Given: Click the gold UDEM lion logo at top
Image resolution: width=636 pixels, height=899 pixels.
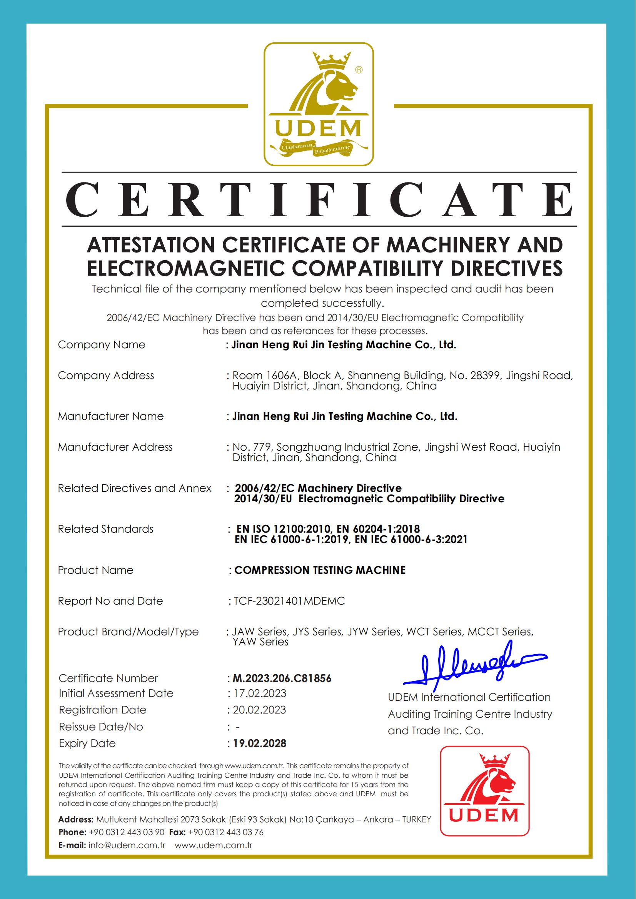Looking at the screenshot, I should coord(319,104).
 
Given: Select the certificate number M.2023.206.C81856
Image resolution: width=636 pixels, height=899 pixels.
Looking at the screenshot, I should coord(282,678).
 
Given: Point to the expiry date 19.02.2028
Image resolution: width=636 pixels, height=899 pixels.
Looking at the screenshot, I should coord(260,744).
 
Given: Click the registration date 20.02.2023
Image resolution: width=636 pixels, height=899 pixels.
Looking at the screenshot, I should coord(260,710).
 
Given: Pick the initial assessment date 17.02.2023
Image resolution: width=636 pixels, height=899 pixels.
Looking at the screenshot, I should coord(260,693).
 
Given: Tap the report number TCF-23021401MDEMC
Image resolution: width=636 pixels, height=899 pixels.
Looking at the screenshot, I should coord(289,601).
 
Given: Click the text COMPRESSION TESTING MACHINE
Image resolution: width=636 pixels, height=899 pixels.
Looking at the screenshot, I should coord(320,570).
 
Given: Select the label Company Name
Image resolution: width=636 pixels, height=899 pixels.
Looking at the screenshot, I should coord(102,345).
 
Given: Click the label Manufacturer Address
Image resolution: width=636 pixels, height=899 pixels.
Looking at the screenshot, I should coord(115,447).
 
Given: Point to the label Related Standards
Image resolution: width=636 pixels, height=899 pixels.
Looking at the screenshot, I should coord(106,529).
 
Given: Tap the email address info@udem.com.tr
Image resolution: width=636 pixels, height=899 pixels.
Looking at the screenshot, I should coord(127,846).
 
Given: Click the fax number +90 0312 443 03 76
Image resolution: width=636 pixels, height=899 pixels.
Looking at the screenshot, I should coord(225,832).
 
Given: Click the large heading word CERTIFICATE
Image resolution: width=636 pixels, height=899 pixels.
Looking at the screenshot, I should coord(319,200).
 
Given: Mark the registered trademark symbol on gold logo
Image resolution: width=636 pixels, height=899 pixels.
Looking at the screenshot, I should coord(358,70).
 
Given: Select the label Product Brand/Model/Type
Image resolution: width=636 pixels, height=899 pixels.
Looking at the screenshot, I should coord(128,632).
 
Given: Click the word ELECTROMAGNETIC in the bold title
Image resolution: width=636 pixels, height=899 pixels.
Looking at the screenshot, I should coord(186,268).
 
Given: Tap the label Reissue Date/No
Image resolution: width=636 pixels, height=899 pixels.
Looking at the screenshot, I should coord(101,727).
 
